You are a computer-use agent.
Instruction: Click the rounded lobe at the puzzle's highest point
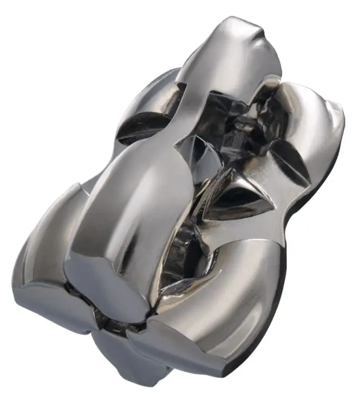pos(234,55)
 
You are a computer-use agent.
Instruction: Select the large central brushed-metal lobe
pos(134,199)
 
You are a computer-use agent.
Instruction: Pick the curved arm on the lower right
pos(239,298)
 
